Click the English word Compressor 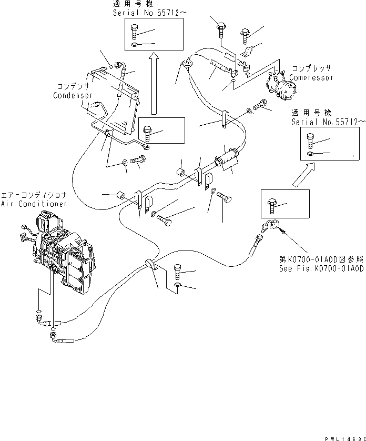coord(311,77)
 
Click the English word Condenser coord(73,96)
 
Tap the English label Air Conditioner coord(34,204)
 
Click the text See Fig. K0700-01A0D coord(321,268)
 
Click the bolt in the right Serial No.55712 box coord(310,140)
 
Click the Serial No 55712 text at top coord(139,11)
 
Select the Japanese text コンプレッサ coord(311,69)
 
